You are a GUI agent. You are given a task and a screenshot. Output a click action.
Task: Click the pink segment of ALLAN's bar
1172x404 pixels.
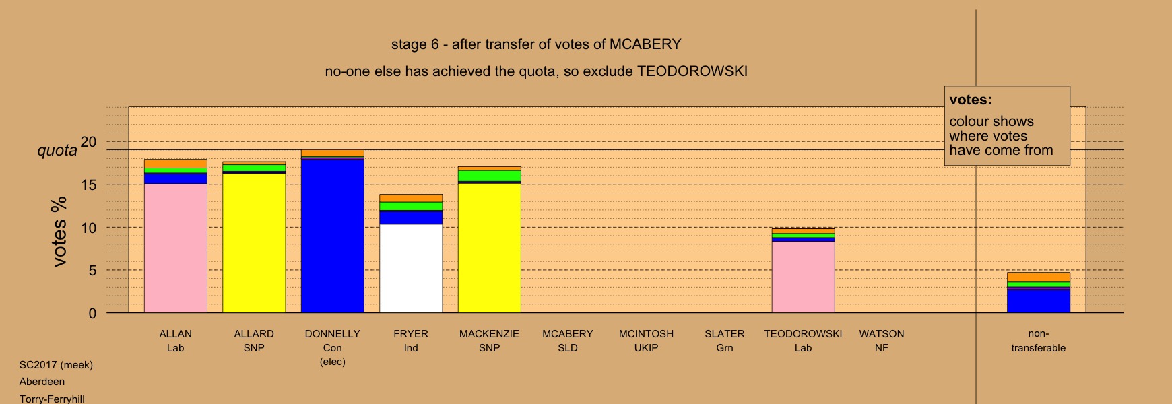(175, 248)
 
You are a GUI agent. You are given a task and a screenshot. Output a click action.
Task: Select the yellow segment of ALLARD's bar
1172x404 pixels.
(254, 244)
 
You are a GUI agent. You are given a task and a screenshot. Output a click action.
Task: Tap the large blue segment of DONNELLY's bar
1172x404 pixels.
(333, 236)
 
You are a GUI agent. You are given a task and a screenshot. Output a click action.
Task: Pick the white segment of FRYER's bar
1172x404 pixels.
(411, 269)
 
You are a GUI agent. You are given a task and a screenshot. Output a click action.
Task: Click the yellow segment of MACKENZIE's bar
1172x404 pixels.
(490, 248)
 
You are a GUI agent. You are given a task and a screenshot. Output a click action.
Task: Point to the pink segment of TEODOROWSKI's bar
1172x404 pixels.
(804, 277)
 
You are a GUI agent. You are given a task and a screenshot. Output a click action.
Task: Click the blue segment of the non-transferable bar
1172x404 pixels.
(1039, 301)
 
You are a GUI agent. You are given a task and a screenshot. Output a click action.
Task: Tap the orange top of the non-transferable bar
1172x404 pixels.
(1039, 277)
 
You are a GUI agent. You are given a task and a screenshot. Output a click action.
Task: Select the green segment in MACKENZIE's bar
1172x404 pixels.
(490, 176)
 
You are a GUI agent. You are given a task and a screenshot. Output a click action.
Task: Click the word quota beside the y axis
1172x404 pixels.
(57, 150)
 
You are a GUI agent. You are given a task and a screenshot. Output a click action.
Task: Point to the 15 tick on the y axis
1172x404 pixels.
(88, 184)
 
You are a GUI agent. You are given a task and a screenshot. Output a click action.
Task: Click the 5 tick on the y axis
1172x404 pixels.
(92, 270)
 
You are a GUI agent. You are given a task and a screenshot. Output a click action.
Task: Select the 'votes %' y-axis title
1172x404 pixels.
(59, 231)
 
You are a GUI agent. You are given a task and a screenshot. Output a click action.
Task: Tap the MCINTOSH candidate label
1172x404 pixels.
(646, 334)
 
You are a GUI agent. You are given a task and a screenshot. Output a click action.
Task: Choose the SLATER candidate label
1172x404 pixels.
(725, 334)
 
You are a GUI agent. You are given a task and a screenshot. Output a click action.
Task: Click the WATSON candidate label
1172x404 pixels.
(882, 334)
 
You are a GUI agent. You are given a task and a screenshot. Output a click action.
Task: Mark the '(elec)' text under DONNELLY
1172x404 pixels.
(333, 362)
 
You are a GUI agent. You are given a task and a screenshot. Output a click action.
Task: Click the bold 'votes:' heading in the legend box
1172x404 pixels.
(971, 100)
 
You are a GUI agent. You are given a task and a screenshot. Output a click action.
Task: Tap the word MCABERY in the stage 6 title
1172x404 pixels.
(645, 44)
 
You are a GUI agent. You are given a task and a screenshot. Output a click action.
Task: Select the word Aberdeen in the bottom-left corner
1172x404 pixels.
(42, 382)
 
